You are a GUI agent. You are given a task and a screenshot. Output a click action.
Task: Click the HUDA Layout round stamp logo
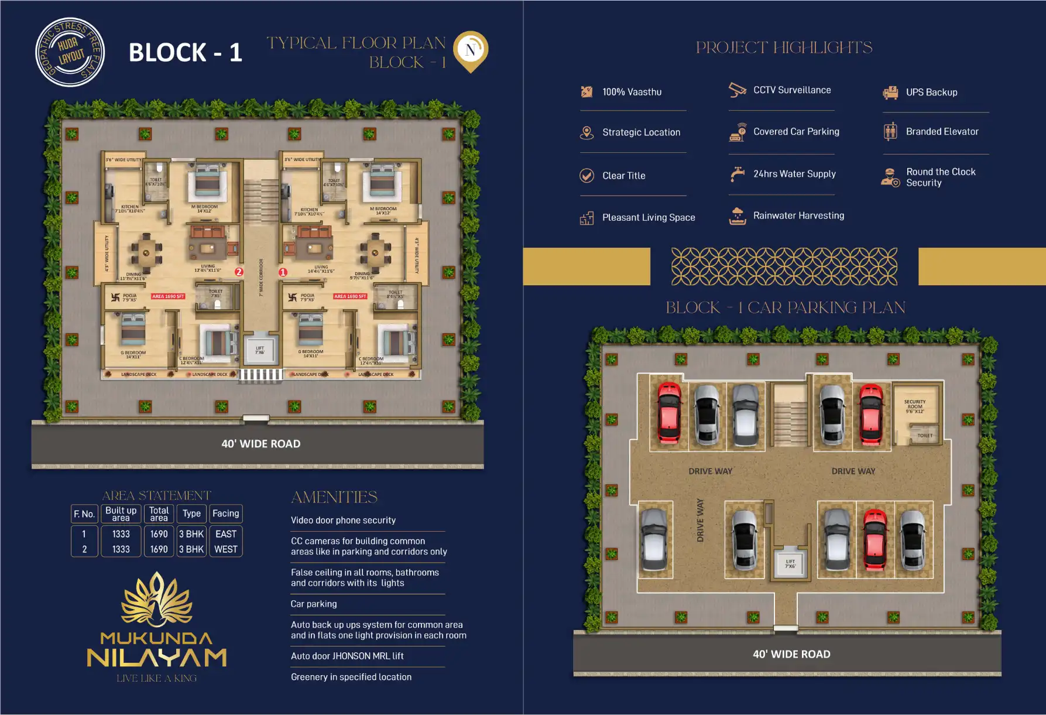(x=70, y=52)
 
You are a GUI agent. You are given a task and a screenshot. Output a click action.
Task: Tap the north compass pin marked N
(x=471, y=50)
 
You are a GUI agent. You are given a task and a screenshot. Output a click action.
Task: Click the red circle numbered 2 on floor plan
(x=239, y=272)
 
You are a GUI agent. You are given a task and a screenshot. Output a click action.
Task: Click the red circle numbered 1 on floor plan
(x=283, y=272)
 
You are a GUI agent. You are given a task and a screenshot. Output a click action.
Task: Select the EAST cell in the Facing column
(x=225, y=534)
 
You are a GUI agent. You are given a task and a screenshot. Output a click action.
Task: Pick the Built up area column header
(x=121, y=514)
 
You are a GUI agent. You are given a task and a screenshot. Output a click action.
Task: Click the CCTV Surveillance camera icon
(x=737, y=90)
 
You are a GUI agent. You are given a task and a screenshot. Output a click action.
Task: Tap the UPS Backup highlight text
(x=931, y=93)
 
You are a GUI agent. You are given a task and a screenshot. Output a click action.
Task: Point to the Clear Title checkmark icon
(x=587, y=176)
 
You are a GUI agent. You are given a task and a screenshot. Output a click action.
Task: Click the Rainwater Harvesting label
(x=798, y=215)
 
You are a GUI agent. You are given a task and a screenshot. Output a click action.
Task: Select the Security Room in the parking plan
(x=915, y=407)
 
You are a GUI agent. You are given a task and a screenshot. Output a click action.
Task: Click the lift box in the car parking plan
(x=790, y=563)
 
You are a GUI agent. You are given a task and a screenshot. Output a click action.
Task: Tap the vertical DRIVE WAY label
(x=700, y=520)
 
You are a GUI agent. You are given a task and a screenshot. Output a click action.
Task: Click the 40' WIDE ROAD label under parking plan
(x=791, y=654)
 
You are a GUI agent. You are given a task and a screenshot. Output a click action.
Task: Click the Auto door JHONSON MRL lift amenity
(x=347, y=656)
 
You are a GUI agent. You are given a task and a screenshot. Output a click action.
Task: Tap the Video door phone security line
(x=343, y=520)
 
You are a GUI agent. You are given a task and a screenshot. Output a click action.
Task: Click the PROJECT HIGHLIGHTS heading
(x=784, y=47)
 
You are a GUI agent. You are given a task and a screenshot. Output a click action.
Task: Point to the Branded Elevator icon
(x=890, y=132)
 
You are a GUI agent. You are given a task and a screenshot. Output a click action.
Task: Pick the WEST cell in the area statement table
(x=225, y=549)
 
